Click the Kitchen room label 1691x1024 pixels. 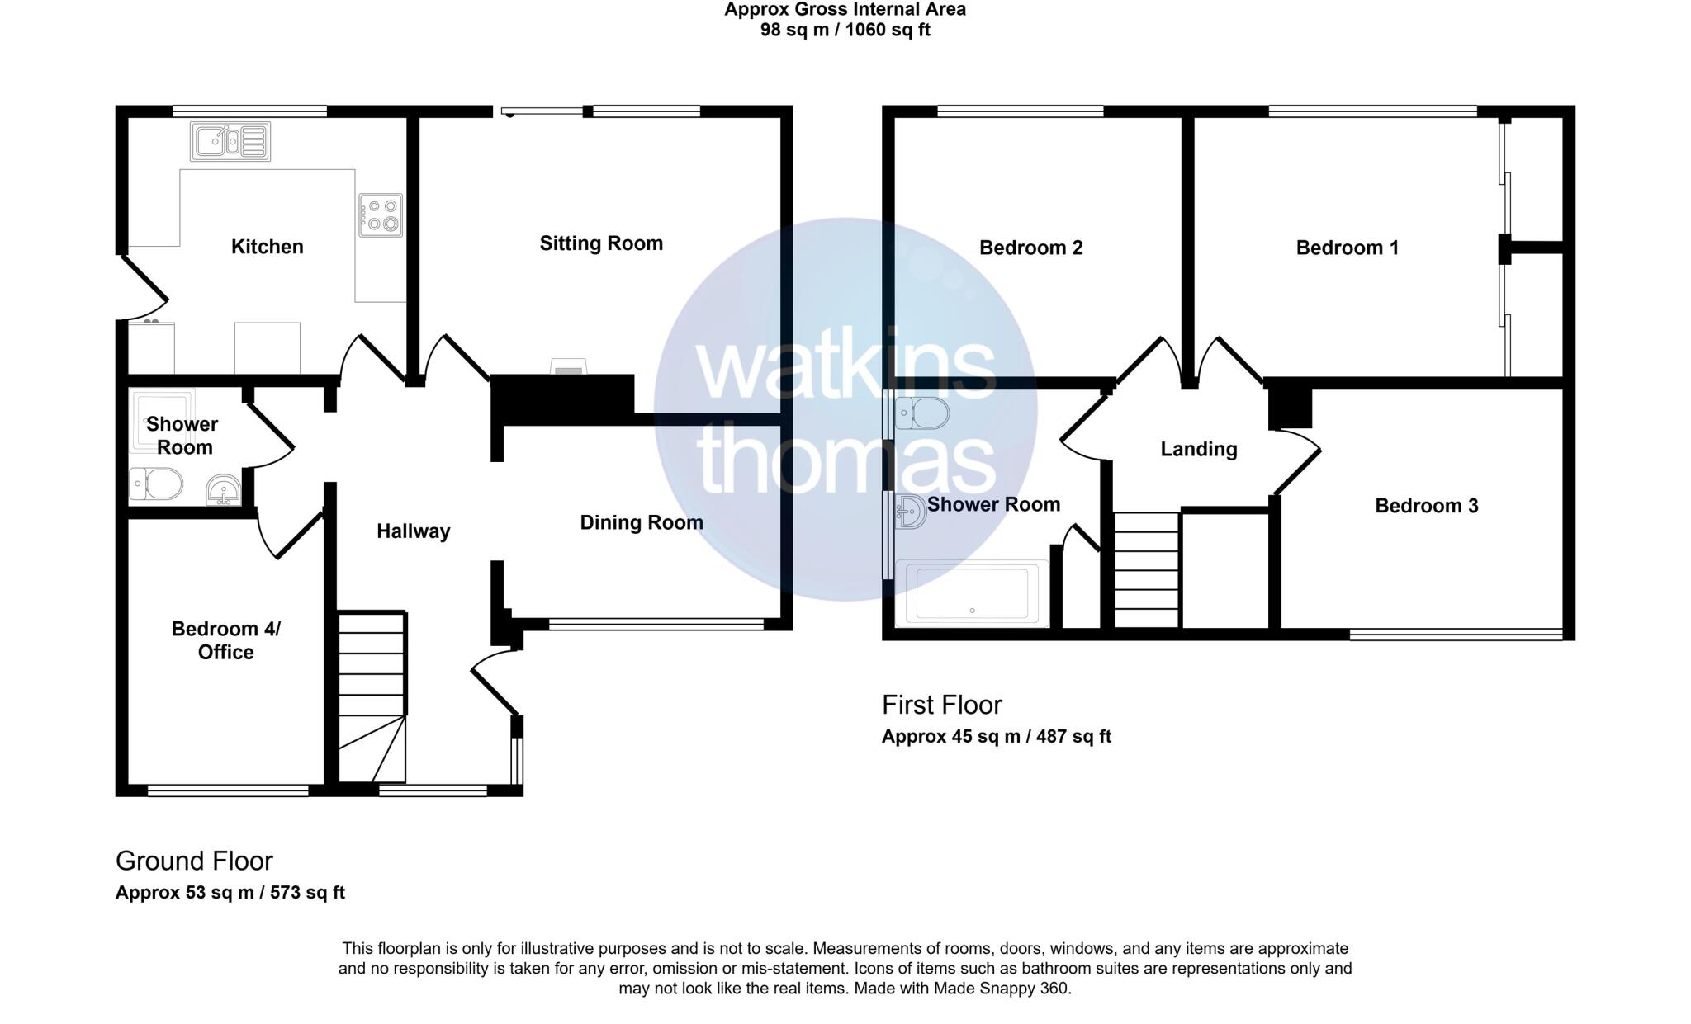click(267, 247)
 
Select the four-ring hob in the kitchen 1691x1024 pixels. click(381, 215)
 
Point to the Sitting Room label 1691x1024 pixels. click(601, 243)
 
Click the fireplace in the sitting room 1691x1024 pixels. click(568, 366)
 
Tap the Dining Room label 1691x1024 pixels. click(642, 522)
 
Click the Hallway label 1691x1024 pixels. click(413, 531)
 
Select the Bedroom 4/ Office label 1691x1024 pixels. click(225, 640)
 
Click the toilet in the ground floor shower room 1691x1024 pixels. click(156, 484)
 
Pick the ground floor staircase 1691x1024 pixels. click(372, 697)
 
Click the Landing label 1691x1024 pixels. click(1199, 449)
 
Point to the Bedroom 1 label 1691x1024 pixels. click(1348, 248)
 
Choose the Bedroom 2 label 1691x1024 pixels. click(1030, 248)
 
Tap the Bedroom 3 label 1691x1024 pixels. click(1426, 506)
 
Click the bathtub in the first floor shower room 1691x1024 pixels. click(973, 593)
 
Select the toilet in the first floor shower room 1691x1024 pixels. click(921, 413)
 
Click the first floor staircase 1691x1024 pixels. click(1147, 570)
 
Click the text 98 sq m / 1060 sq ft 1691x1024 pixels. click(845, 31)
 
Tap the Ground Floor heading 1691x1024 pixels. click(194, 861)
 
